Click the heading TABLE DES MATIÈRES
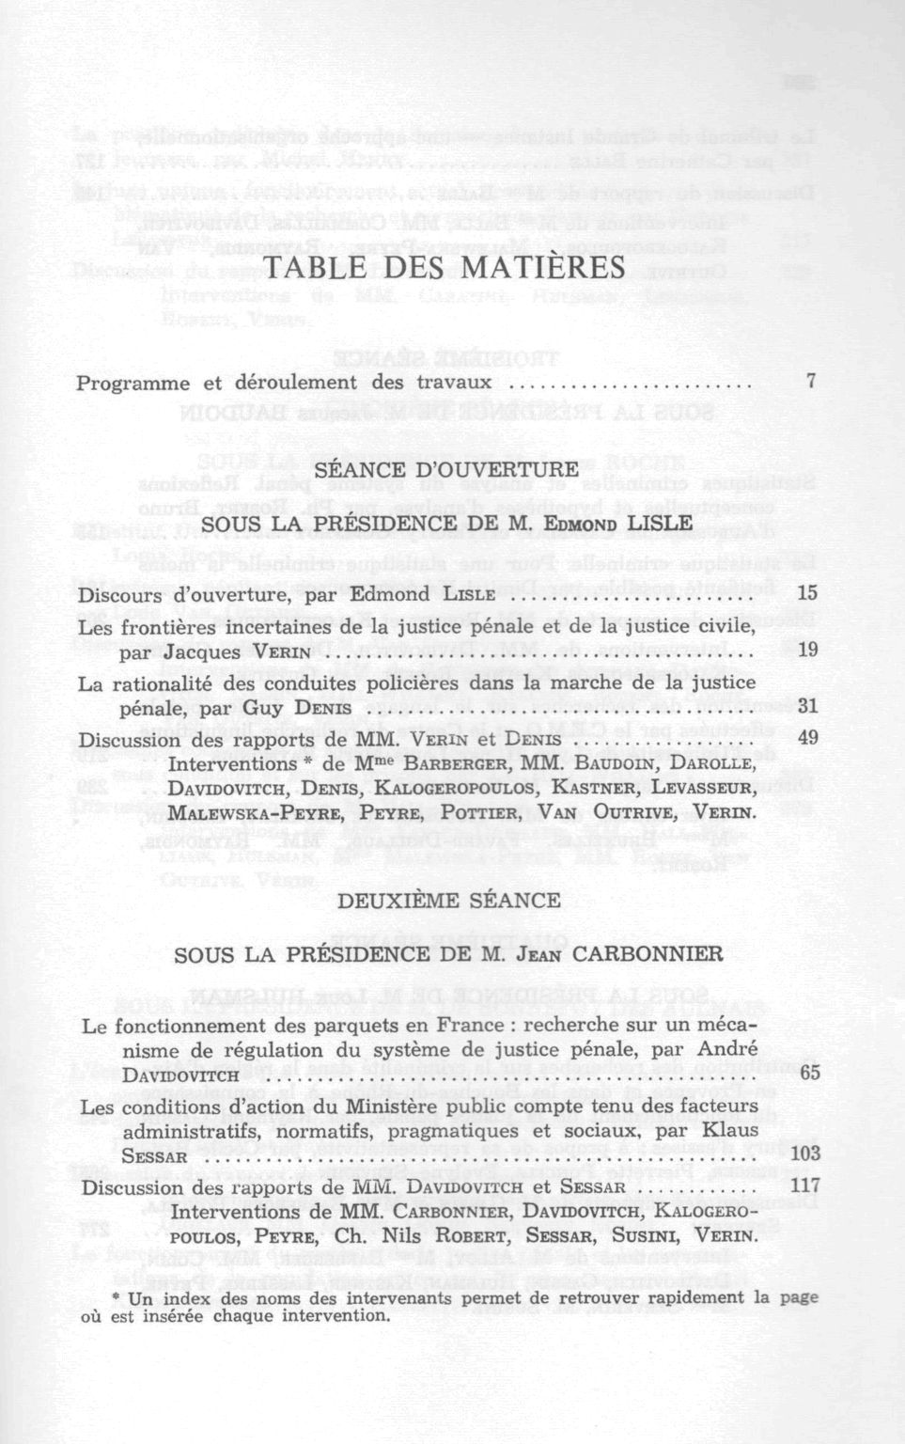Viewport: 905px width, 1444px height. click(446, 268)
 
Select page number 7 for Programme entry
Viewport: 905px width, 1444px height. click(810, 382)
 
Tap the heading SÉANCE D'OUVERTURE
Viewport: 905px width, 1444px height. click(446, 469)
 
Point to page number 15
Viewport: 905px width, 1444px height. click(807, 593)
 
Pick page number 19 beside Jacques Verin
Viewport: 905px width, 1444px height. click(807, 649)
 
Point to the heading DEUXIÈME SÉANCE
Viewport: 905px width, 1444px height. click(448, 900)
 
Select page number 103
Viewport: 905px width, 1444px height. click(805, 1153)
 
